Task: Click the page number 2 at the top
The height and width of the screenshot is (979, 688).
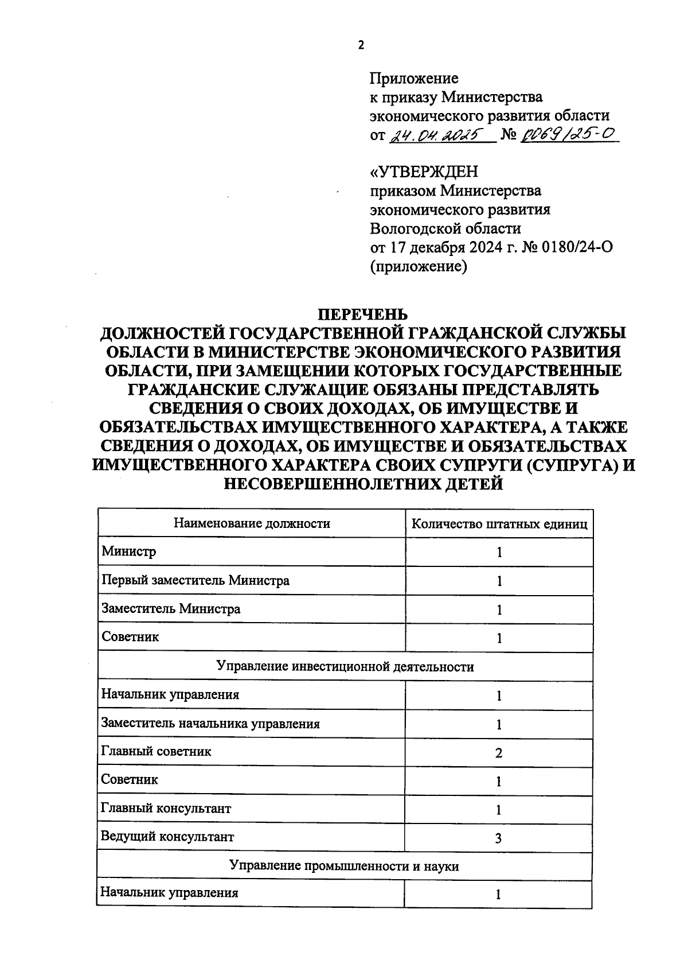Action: [x=361, y=45]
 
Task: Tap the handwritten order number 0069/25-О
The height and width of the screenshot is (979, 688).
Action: [x=568, y=134]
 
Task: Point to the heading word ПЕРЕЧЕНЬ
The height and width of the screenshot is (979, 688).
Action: [x=362, y=314]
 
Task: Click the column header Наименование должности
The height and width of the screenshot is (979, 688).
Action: [x=252, y=523]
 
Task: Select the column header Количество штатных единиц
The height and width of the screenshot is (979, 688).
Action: [x=499, y=524]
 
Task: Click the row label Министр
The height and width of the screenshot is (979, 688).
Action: [x=128, y=552]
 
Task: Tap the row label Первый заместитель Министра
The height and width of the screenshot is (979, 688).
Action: [x=195, y=581]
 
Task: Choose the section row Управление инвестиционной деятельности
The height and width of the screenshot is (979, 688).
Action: [x=345, y=667]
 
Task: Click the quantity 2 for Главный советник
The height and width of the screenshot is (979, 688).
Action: [x=498, y=753]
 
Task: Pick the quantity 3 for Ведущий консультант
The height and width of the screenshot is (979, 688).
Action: [x=498, y=838]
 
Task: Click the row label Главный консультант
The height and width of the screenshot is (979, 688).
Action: [x=166, y=809]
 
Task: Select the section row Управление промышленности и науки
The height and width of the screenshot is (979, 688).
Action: [x=344, y=867]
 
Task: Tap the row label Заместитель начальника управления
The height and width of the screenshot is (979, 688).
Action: [x=210, y=724]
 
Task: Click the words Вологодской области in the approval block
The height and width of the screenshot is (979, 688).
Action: [x=445, y=228]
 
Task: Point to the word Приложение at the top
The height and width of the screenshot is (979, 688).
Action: [x=414, y=78]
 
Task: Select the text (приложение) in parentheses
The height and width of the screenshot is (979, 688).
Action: [x=419, y=266]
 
